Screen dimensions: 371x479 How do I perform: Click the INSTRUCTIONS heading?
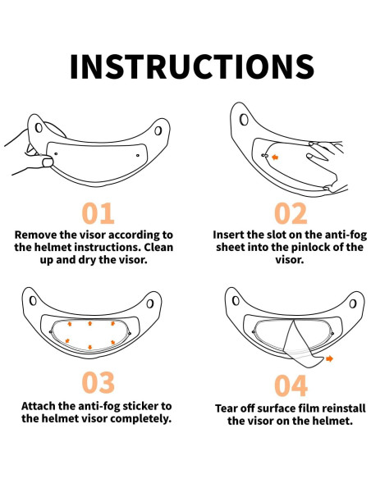point(191,66)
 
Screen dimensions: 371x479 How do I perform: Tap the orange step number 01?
point(98,213)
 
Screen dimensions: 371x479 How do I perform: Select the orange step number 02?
point(291,213)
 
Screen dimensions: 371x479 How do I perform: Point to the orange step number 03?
point(98,382)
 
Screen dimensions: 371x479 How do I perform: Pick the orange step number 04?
point(291,385)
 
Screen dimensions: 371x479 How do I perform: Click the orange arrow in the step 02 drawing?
point(275,157)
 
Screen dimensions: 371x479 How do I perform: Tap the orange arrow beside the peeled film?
point(329,358)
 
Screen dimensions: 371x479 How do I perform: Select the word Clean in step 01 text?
point(158,247)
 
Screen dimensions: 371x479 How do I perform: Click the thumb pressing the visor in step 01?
point(47,161)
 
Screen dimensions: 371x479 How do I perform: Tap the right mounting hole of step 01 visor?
point(158,130)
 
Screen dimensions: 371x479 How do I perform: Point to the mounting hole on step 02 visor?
point(244,119)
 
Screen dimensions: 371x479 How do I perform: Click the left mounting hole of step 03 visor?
point(33,301)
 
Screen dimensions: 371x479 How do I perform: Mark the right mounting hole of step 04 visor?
point(353,303)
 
